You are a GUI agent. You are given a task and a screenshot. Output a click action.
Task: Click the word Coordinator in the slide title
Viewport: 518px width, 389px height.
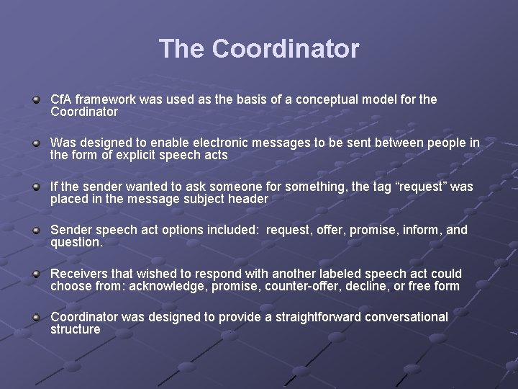tap(286, 49)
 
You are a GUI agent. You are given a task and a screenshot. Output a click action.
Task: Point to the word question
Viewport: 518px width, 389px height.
tap(76, 243)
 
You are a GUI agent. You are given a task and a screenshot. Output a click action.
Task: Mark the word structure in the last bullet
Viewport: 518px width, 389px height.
tap(76, 330)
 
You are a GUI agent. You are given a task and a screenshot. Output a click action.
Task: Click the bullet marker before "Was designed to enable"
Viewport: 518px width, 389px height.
tap(36, 144)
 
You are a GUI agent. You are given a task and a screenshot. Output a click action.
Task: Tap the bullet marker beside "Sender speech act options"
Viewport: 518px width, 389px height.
tap(36, 231)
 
